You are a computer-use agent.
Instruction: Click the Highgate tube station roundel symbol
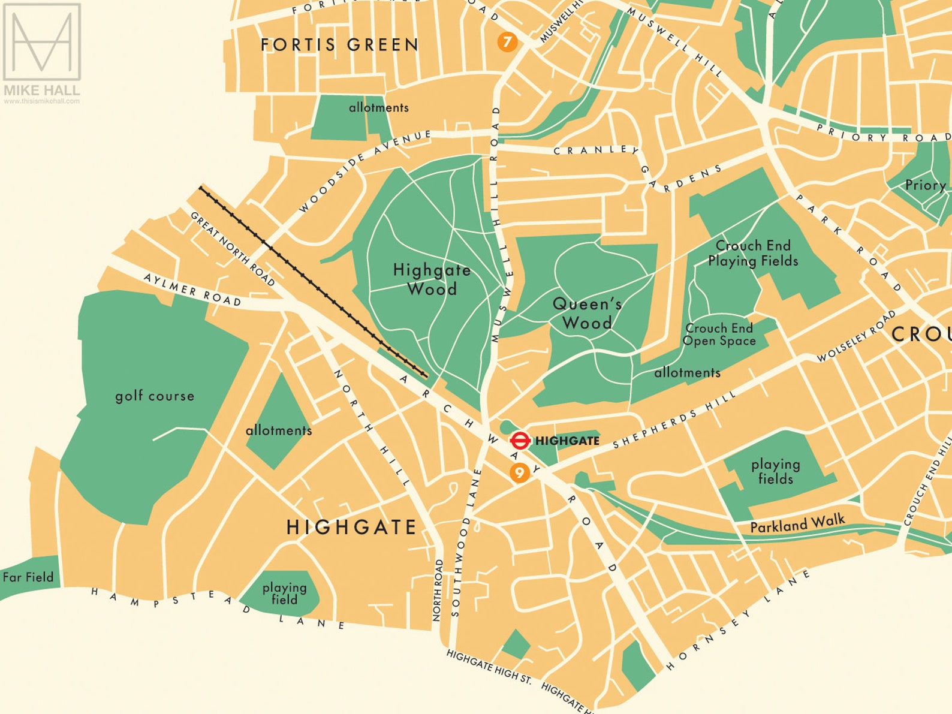pos(519,441)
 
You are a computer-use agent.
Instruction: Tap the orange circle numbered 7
pos(507,42)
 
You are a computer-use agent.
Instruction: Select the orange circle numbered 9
pos(519,473)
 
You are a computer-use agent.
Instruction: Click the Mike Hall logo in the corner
pos(41,51)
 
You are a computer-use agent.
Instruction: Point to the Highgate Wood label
pos(432,279)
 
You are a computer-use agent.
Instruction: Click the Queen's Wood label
pos(587,313)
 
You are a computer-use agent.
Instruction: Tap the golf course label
pos(155,396)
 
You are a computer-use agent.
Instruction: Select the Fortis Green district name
pos(340,45)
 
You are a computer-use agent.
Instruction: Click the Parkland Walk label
pos(797,525)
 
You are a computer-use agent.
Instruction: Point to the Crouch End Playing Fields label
pos(753,253)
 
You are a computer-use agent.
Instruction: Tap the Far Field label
pos(28,577)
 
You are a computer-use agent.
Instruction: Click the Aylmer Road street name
pos(192,290)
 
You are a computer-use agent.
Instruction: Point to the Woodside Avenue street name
pos(364,171)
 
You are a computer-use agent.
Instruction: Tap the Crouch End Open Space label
pos(719,335)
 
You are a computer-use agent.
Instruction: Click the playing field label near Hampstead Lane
pos(284,594)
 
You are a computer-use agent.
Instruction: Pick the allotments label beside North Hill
pos(278,430)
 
